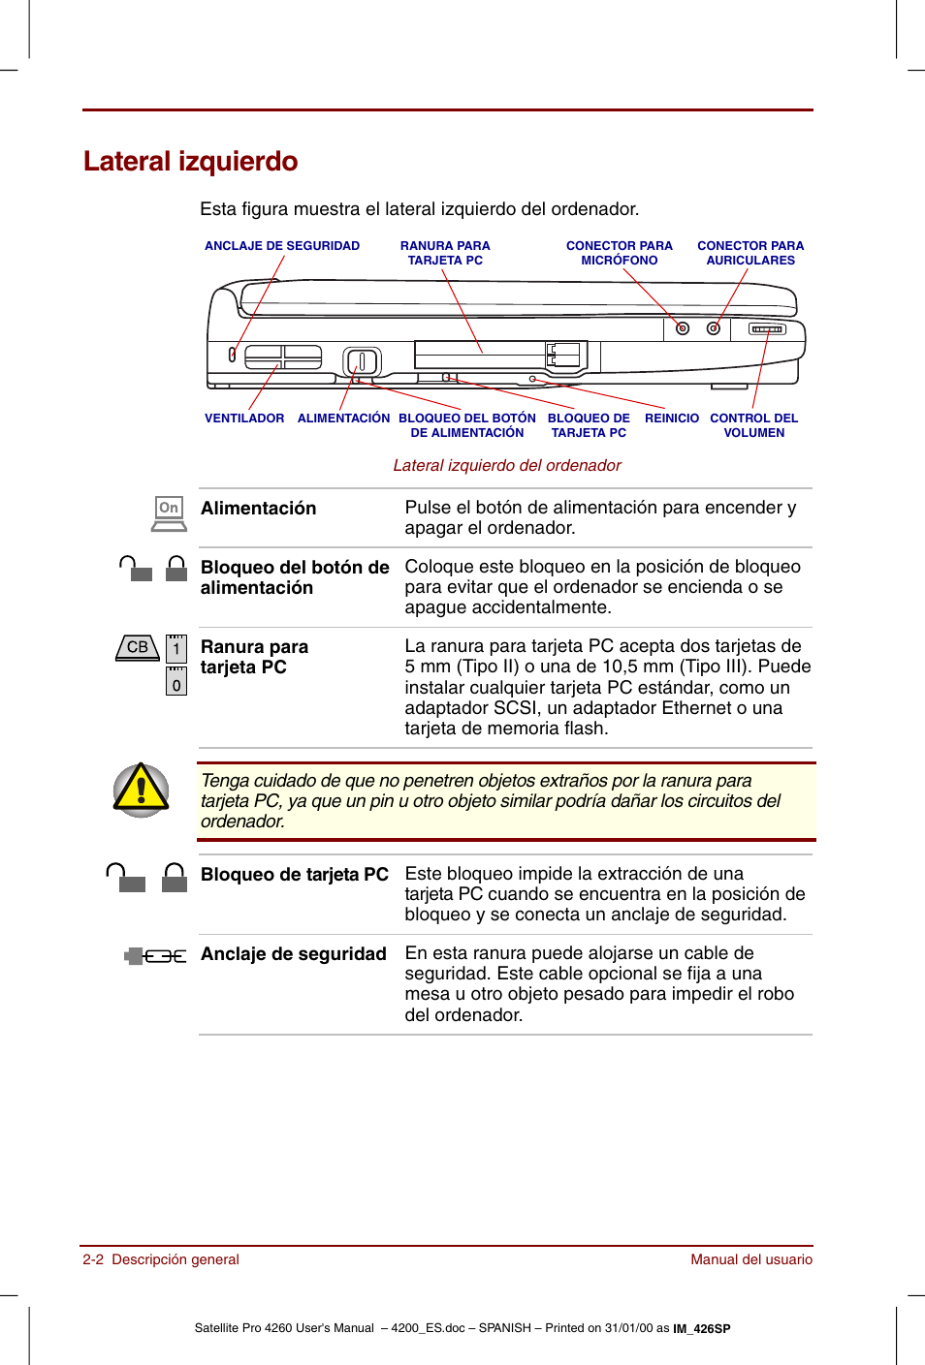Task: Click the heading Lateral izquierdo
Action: (x=190, y=161)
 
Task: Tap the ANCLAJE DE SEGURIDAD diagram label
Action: (x=281, y=246)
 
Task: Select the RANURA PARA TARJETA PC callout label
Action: (x=445, y=253)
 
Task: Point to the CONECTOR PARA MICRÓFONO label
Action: (x=619, y=253)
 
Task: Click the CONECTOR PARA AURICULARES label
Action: (x=750, y=253)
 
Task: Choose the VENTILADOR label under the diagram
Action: (x=244, y=419)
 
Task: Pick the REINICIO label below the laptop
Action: (x=671, y=419)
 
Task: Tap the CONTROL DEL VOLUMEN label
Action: (x=753, y=425)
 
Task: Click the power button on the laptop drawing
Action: (x=362, y=361)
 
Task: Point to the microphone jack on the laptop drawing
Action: (x=683, y=328)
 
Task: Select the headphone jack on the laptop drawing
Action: (x=714, y=328)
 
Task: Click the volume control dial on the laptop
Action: (x=767, y=329)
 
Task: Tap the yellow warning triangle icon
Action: (x=142, y=790)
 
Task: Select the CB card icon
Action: (x=138, y=647)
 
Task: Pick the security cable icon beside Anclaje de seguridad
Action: (x=155, y=956)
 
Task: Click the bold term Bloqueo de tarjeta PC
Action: (x=294, y=875)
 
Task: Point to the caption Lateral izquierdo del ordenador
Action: (x=506, y=466)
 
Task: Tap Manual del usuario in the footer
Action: (x=750, y=1259)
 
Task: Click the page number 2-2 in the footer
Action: (x=93, y=1259)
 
